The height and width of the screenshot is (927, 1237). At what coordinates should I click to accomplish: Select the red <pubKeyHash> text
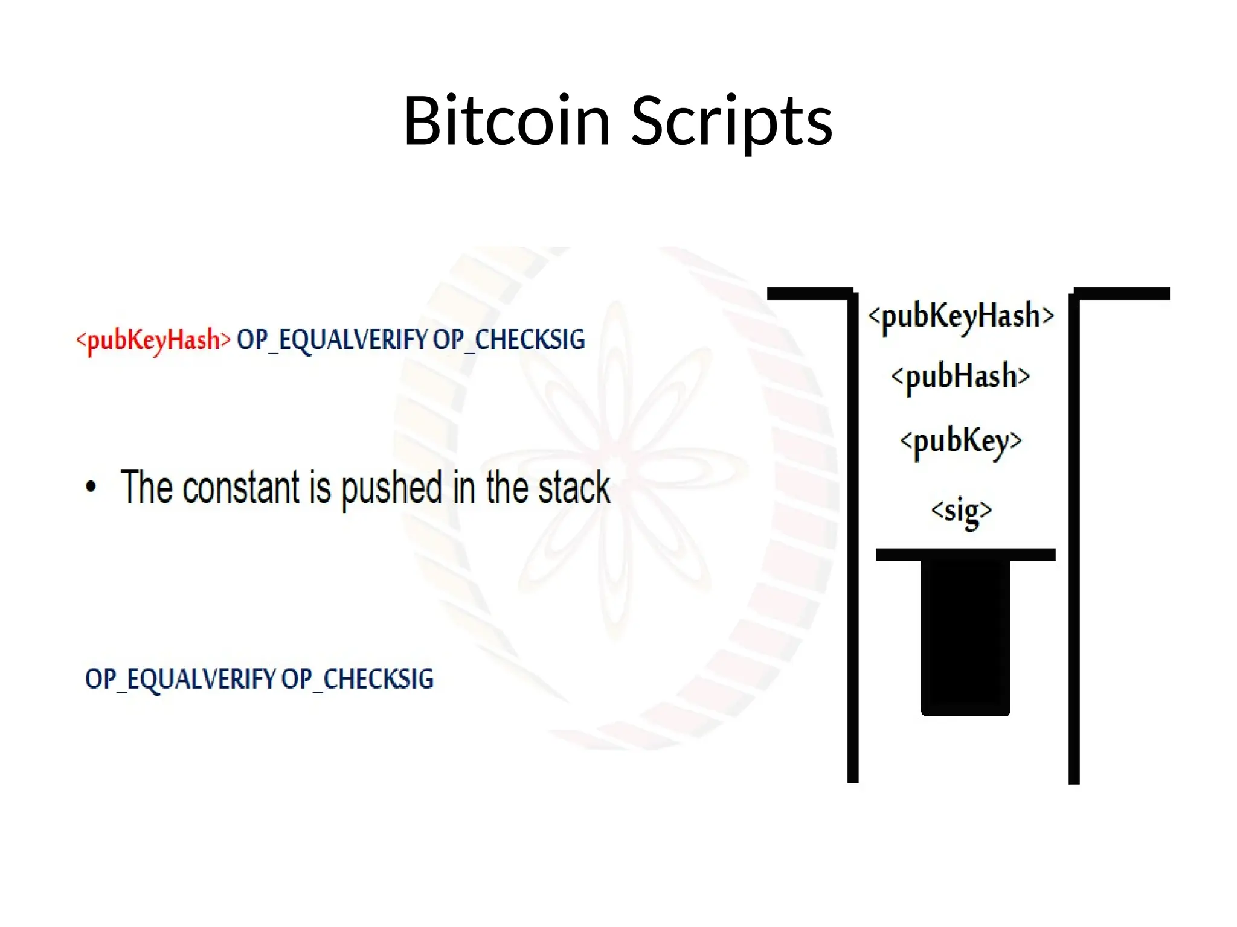[153, 340]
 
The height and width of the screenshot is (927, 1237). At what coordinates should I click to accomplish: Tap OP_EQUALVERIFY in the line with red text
[332, 340]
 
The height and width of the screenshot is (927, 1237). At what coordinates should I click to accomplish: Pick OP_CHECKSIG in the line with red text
[509, 340]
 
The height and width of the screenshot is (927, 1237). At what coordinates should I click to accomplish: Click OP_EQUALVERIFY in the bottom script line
[180, 679]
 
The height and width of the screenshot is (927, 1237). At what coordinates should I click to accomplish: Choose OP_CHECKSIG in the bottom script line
[358, 679]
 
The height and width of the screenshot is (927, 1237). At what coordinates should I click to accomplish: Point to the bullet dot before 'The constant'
[91, 486]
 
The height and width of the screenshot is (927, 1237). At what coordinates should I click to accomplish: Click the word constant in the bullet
[241, 488]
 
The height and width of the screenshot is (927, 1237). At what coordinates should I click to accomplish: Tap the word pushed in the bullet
[392, 489]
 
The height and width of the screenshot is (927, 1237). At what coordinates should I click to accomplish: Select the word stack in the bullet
[574, 488]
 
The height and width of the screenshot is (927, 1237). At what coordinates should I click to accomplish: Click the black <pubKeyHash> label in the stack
[961, 316]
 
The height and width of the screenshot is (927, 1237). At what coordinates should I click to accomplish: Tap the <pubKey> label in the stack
[961, 441]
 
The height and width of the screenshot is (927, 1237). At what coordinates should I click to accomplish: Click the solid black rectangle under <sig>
[965, 637]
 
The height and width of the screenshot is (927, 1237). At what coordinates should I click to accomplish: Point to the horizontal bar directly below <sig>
[965, 555]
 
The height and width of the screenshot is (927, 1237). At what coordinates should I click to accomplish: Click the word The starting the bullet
[147, 486]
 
